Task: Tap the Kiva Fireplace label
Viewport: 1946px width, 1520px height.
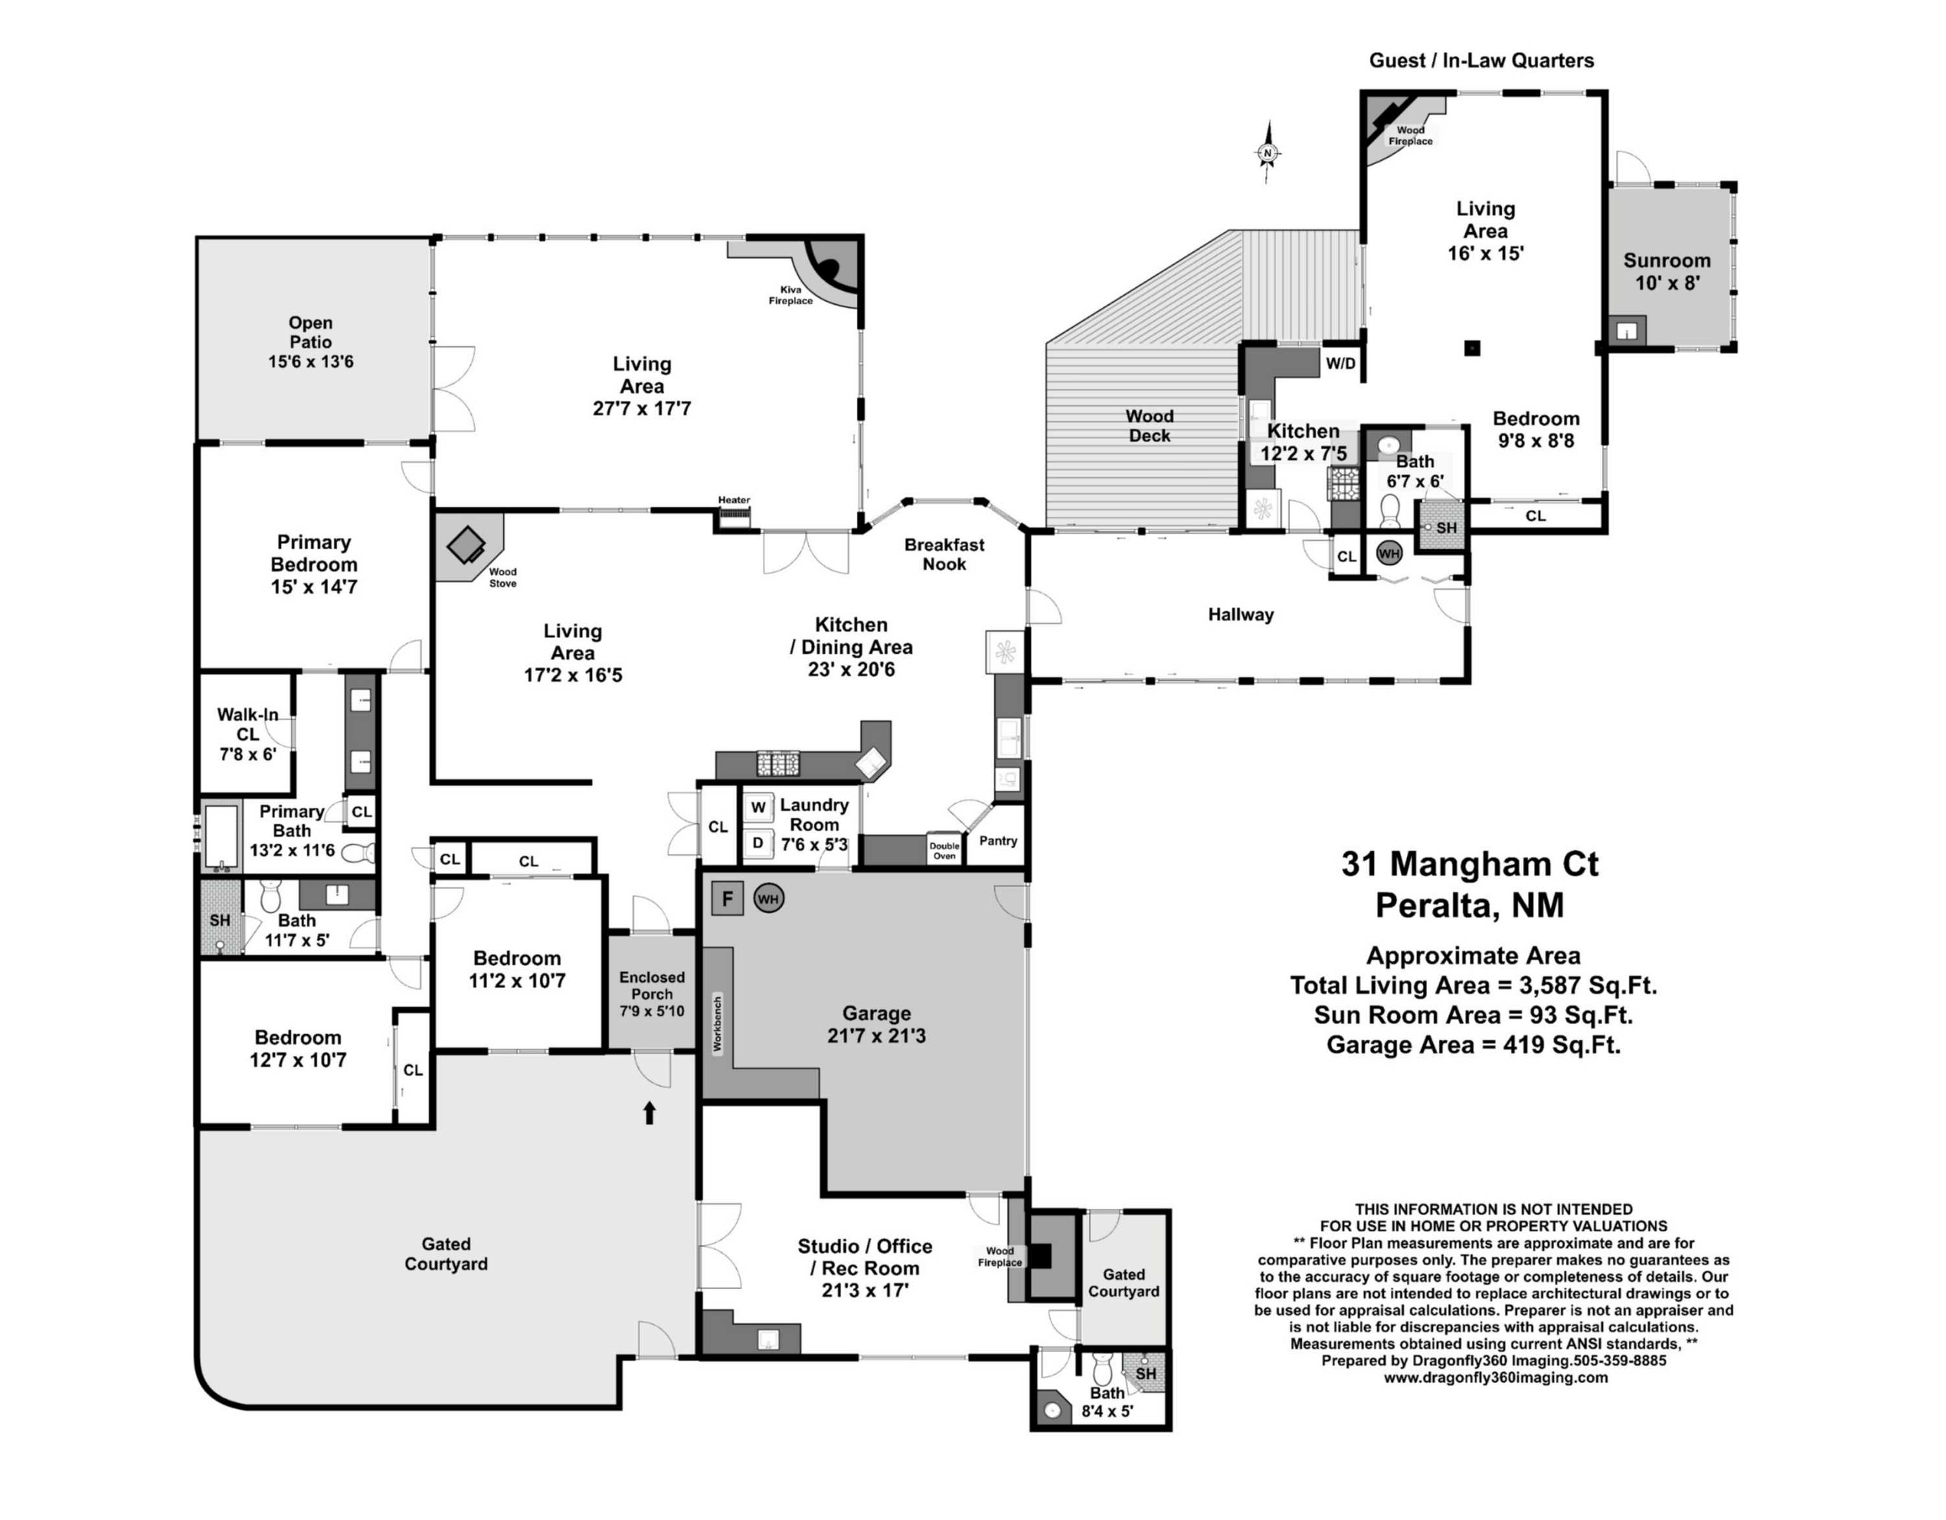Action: (x=790, y=295)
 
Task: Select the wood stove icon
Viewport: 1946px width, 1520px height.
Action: (x=465, y=543)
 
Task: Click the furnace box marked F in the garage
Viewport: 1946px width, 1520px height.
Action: (x=727, y=898)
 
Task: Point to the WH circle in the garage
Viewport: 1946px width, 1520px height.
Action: (x=768, y=899)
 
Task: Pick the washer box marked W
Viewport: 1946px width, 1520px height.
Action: (x=758, y=808)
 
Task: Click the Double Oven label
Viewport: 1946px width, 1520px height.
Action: (x=944, y=851)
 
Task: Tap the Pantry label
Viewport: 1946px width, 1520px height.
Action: (x=998, y=840)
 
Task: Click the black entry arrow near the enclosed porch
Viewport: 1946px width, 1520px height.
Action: (x=649, y=1112)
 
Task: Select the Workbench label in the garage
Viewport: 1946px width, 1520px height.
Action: (x=718, y=1024)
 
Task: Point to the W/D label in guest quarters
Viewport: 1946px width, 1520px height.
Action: (x=1340, y=364)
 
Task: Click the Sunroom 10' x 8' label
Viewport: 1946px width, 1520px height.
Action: (x=1667, y=272)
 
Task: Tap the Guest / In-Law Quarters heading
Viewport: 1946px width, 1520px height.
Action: (x=1482, y=60)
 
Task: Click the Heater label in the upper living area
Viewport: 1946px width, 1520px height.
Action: (x=734, y=500)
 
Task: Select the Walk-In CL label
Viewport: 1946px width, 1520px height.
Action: (x=248, y=724)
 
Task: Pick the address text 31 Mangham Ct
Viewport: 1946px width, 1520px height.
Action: (x=1470, y=864)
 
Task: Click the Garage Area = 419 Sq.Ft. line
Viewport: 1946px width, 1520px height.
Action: (x=1474, y=1044)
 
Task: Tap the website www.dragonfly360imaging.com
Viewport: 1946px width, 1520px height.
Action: (x=1496, y=1377)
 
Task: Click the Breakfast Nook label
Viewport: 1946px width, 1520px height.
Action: (x=944, y=554)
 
